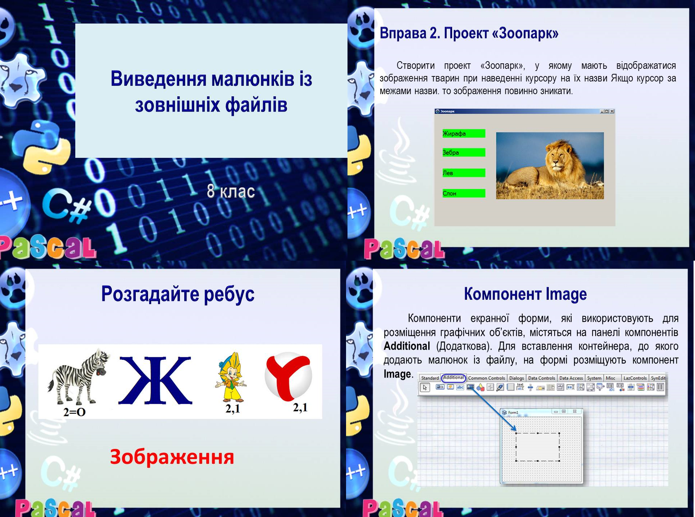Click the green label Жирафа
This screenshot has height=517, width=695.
[463, 134]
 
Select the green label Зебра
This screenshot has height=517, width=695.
[463, 152]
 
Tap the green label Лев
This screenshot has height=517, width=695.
[463, 173]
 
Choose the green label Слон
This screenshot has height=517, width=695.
[463, 193]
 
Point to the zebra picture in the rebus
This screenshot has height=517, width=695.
[78, 377]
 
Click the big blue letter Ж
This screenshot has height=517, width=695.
[155, 380]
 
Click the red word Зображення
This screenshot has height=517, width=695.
[172, 457]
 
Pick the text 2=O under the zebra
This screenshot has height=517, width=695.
[74, 412]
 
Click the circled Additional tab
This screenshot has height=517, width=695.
[453, 378]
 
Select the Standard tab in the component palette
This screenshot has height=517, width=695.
[430, 378]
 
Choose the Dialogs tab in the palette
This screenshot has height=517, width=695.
[516, 378]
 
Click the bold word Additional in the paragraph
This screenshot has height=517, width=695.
[407, 346]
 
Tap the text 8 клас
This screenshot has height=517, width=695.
[231, 191]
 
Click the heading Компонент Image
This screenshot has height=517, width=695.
[525, 294]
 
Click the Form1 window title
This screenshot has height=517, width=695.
[513, 412]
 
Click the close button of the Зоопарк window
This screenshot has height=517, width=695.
[612, 111]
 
